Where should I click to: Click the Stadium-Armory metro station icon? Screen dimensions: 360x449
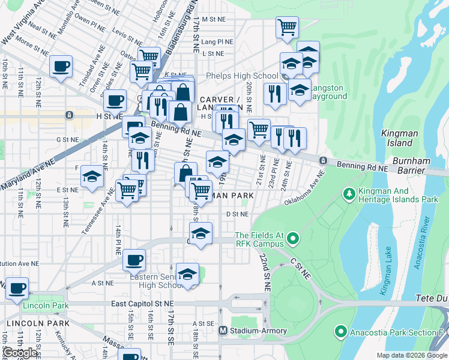[x=223, y=331]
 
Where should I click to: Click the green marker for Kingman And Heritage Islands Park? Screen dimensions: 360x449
[x=349, y=194]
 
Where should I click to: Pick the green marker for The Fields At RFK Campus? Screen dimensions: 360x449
[x=293, y=239]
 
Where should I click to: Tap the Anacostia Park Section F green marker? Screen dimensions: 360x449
[x=340, y=331]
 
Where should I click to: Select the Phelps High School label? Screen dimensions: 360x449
[x=242, y=76]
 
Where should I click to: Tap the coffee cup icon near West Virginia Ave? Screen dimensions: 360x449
[x=61, y=67]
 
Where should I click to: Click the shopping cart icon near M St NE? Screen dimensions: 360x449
[x=287, y=27]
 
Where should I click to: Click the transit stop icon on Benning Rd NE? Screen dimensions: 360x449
[x=323, y=161]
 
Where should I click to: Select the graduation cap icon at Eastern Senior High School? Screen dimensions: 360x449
[x=188, y=274]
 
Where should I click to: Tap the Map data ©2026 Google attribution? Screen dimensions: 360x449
[x=411, y=355]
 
